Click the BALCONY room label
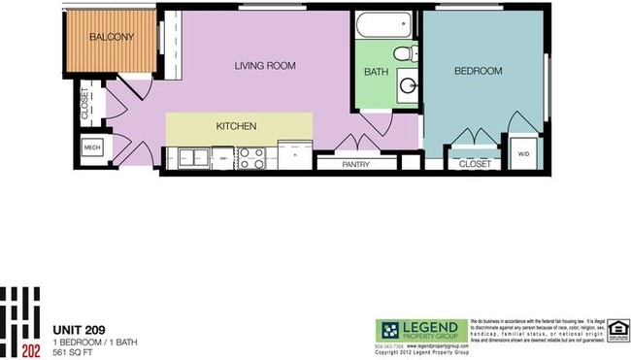(111, 38)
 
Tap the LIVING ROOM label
(265, 66)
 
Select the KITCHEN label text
(236, 126)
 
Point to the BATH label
(377, 72)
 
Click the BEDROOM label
(478, 71)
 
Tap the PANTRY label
(356, 164)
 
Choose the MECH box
(92, 148)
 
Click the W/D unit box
(523, 153)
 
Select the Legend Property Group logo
(420, 331)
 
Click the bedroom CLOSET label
(474, 164)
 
